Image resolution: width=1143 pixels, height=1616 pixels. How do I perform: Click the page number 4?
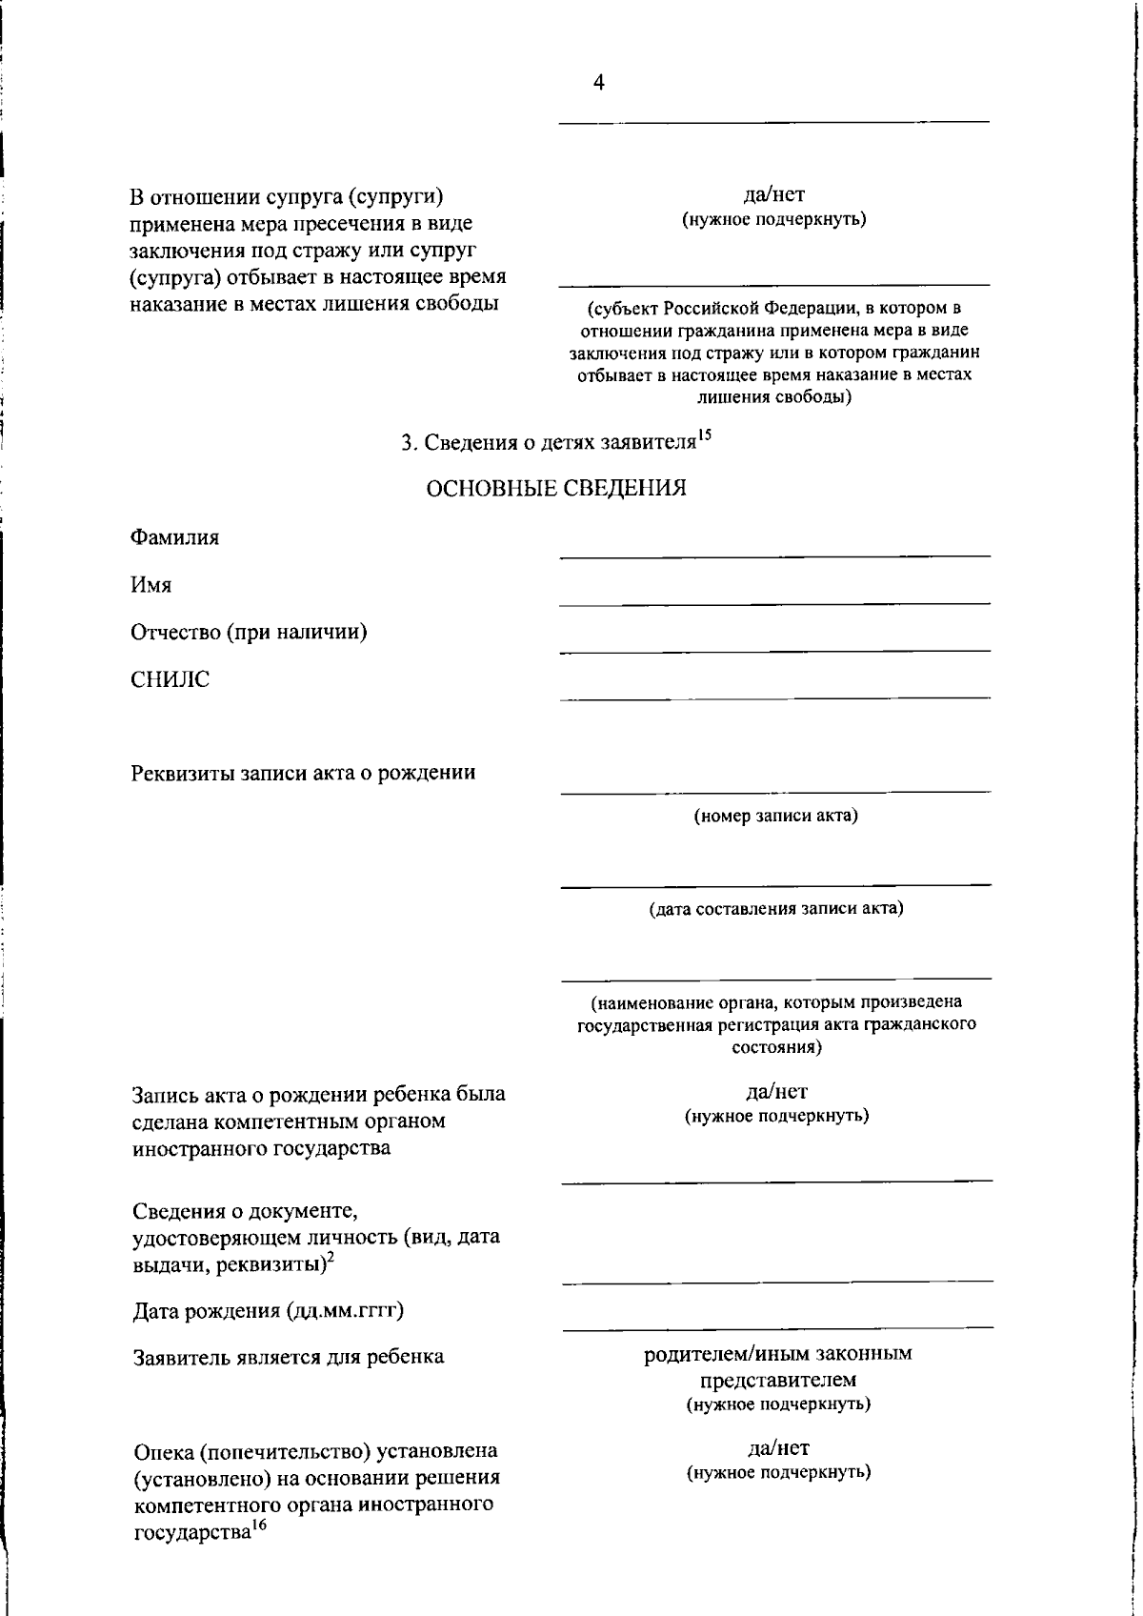tap(598, 83)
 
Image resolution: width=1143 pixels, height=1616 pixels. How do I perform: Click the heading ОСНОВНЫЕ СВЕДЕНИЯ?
tap(555, 489)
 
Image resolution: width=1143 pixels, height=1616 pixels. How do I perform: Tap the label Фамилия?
tap(174, 537)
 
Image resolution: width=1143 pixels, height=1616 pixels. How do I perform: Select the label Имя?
tap(150, 585)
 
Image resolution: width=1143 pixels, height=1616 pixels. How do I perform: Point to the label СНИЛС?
tap(170, 679)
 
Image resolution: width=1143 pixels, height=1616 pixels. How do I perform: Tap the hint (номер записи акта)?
tap(775, 816)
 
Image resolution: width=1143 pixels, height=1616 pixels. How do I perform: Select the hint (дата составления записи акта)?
tap(775, 908)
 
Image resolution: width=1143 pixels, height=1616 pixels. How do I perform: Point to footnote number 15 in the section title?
tap(704, 436)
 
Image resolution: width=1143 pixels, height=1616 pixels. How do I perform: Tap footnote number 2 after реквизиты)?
tap(330, 1259)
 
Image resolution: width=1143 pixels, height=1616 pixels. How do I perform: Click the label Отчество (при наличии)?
tap(249, 632)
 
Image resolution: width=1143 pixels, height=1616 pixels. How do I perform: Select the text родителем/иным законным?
tap(777, 1353)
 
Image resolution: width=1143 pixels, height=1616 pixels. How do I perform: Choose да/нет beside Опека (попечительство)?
tap(778, 1448)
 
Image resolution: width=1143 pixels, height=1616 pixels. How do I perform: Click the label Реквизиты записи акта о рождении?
tap(303, 772)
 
